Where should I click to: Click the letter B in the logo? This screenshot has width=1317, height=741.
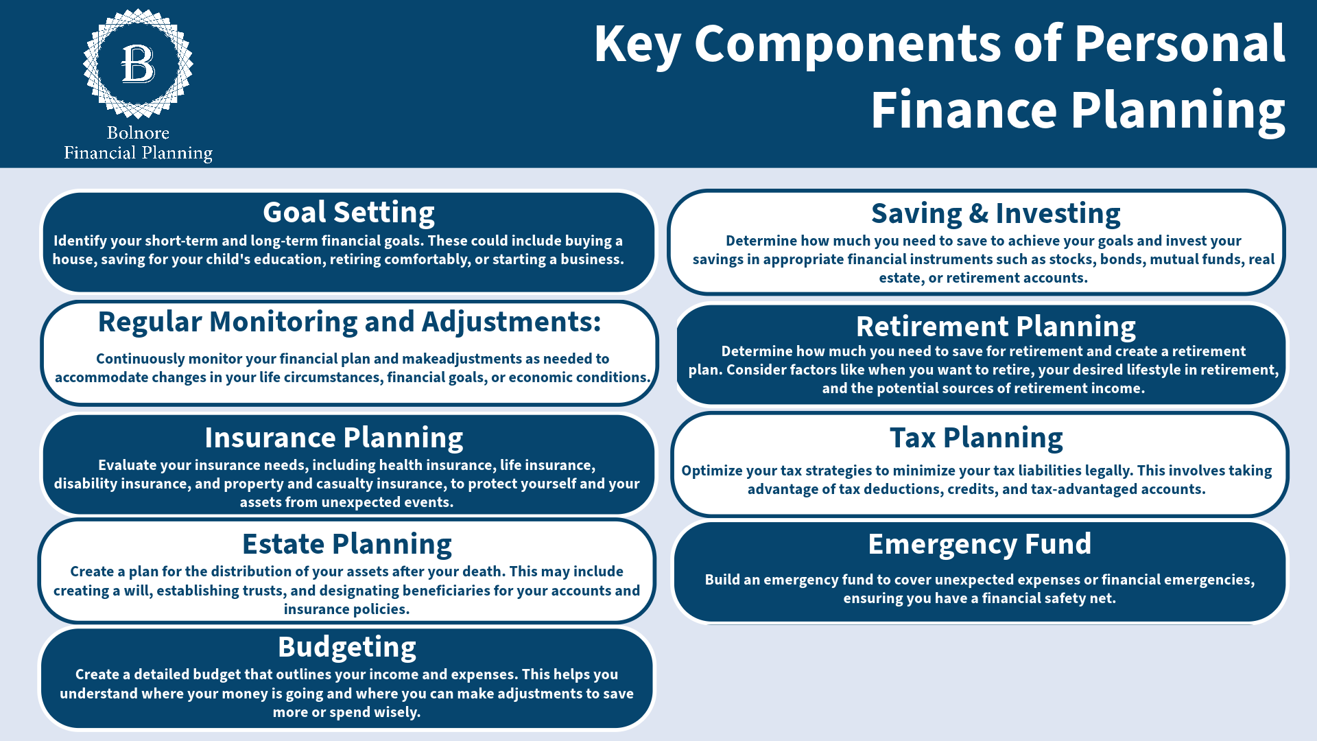pyautogui.click(x=138, y=64)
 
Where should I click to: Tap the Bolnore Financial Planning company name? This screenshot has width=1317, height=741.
pyautogui.click(x=138, y=143)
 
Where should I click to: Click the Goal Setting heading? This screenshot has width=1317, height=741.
pyautogui.click(x=348, y=213)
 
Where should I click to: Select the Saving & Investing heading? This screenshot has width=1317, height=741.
pyautogui.click(x=995, y=213)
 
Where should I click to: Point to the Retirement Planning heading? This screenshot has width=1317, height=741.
pyautogui.click(x=995, y=327)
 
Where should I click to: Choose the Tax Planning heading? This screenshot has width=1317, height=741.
pyautogui.click(x=976, y=438)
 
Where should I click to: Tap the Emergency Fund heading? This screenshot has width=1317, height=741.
pyautogui.click(x=980, y=544)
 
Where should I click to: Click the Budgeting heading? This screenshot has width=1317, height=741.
pyautogui.click(x=347, y=647)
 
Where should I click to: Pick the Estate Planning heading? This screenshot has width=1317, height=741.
pyautogui.click(x=347, y=544)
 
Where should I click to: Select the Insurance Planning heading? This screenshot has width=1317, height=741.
pyautogui.click(x=334, y=438)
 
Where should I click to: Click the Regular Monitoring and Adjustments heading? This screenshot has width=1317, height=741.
pyautogui.click(x=350, y=322)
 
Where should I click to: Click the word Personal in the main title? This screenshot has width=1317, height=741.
pyautogui.click(x=1179, y=44)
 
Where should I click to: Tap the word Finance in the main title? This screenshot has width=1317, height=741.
pyautogui.click(x=964, y=110)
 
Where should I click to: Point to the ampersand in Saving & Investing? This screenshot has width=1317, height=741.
pyautogui.click(x=979, y=214)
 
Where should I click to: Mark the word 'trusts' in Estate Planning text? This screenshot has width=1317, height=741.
pyautogui.click(x=266, y=591)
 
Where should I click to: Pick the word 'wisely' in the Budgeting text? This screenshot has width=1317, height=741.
pyautogui.click(x=395, y=712)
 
